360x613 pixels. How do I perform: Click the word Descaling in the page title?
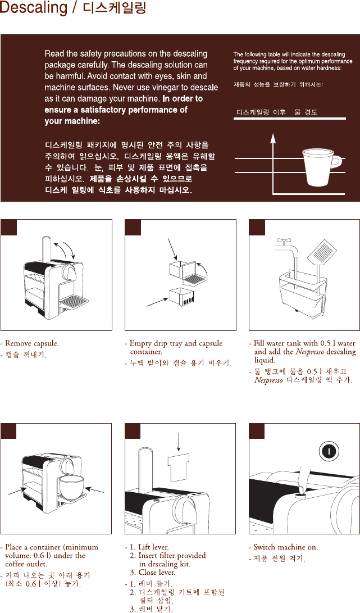click(34, 8)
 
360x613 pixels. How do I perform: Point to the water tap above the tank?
click(288, 246)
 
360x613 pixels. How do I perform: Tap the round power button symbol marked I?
click(329, 452)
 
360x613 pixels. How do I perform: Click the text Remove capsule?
click(31, 344)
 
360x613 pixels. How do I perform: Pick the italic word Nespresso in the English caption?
click(310, 352)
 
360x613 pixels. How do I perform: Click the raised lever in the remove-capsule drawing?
click(45, 249)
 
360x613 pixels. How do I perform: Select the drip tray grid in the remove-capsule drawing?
click(74, 300)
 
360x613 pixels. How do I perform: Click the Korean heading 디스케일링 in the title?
click(115, 8)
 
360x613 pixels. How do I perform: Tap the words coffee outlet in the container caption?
click(26, 564)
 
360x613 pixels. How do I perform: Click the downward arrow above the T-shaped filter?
click(178, 441)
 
